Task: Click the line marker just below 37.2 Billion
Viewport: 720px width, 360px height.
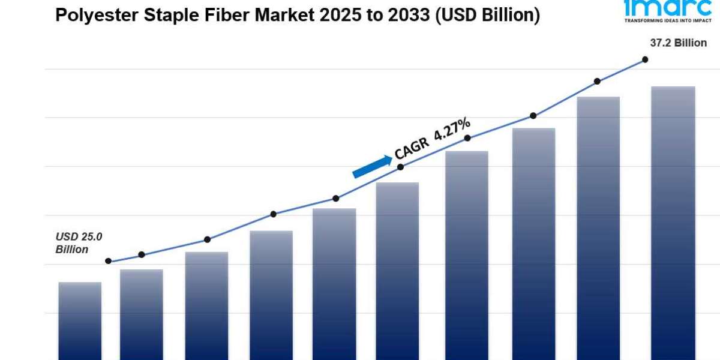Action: click(645, 59)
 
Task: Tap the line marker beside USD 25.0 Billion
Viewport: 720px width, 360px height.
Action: click(108, 261)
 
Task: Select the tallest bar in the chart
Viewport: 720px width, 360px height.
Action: click(673, 222)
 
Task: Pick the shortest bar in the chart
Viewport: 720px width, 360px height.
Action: click(80, 321)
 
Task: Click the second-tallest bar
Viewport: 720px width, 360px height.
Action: click(598, 228)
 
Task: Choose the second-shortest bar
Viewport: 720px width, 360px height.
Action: click(142, 315)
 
